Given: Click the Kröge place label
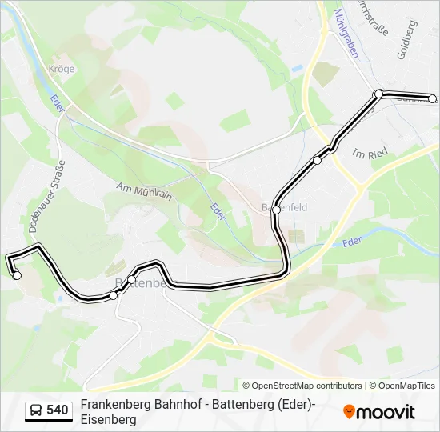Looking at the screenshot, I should pyautogui.click(x=62, y=70).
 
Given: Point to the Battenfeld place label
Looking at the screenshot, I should pyautogui.click(x=286, y=207).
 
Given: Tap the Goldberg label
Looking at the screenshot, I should pyautogui.click(x=406, y=39).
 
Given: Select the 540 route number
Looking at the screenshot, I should pyautogui.click(x=57, y=410).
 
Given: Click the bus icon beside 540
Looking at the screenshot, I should pyautogui.click(x=36, y=410).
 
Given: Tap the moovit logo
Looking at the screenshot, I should pyautogui.click(x=379, y=412).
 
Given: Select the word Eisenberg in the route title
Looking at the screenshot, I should pyautogui.click(x=108, y=419).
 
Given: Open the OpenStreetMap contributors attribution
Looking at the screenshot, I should pyautogui.click(x=302, y=386).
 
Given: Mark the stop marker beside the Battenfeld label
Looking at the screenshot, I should pyautogui.click(x=276, y=210).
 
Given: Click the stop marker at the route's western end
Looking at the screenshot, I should pyautogui.click(x=17, y=275).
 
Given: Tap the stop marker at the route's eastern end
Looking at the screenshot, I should pyautogui.click(x=433, y=99).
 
